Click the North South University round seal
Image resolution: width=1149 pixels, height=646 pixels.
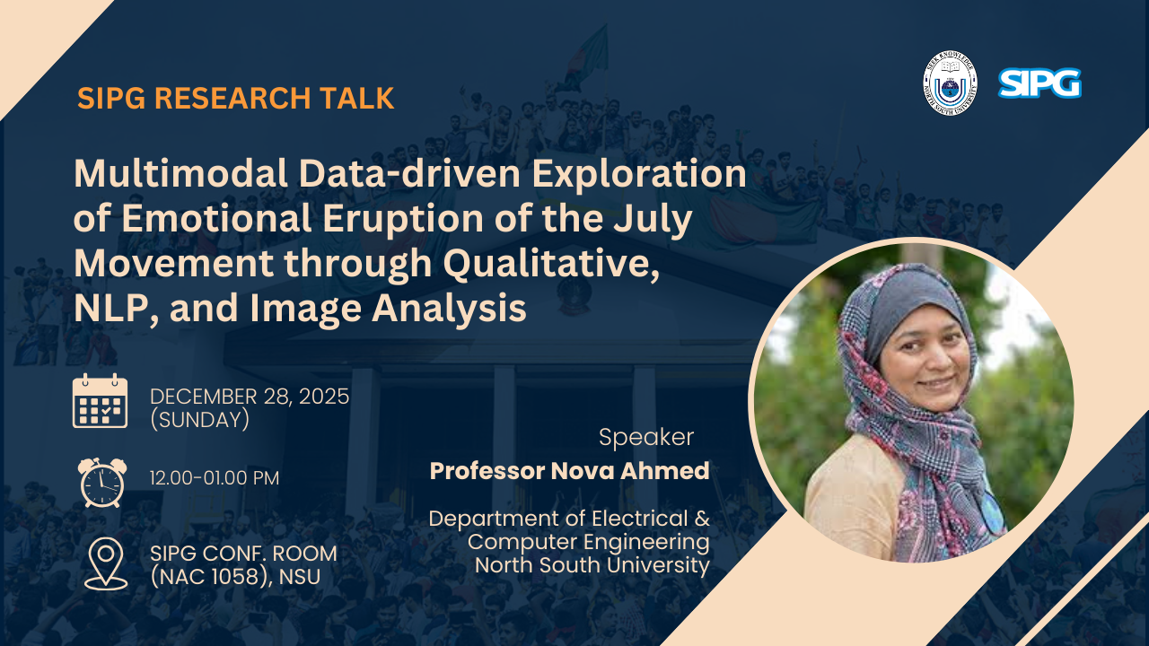point(950,83)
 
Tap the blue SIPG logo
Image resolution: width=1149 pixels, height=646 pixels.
point(1039,83)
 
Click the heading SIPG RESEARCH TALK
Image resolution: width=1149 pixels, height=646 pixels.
point(236,98)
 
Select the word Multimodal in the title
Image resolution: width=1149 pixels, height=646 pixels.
point(180,173)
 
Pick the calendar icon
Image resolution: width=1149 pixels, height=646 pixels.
point(100,401)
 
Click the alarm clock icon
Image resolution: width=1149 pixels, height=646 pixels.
point(102,483)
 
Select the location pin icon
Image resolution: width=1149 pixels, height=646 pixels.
point(106,564)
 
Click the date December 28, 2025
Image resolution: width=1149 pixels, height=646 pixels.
point(250,397)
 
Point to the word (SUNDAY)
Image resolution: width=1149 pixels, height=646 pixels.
point(200,420)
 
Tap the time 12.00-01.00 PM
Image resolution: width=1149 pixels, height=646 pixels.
point(215,478)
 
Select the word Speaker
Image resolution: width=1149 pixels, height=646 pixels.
point(646,437)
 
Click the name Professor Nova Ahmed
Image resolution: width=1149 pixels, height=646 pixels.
point(569,471)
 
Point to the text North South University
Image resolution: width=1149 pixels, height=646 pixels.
point(592,565)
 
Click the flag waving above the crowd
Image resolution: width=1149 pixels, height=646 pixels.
point(587,57)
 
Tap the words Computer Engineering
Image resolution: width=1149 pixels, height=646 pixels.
point(589,542)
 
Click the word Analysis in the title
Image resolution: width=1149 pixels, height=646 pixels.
point(449,309)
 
